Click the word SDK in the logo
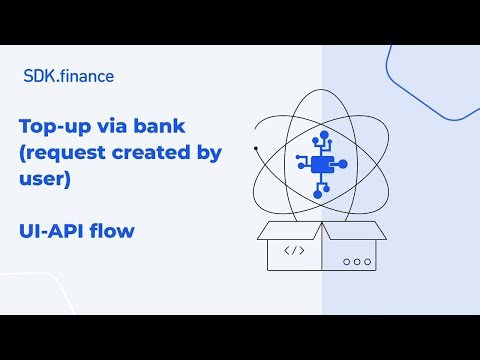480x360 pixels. point(37,75)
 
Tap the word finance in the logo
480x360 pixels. point(85,75)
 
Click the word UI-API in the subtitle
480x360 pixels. point(51,231)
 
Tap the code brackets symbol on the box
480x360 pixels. point(295,250)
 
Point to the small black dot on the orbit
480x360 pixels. point(256,149)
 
